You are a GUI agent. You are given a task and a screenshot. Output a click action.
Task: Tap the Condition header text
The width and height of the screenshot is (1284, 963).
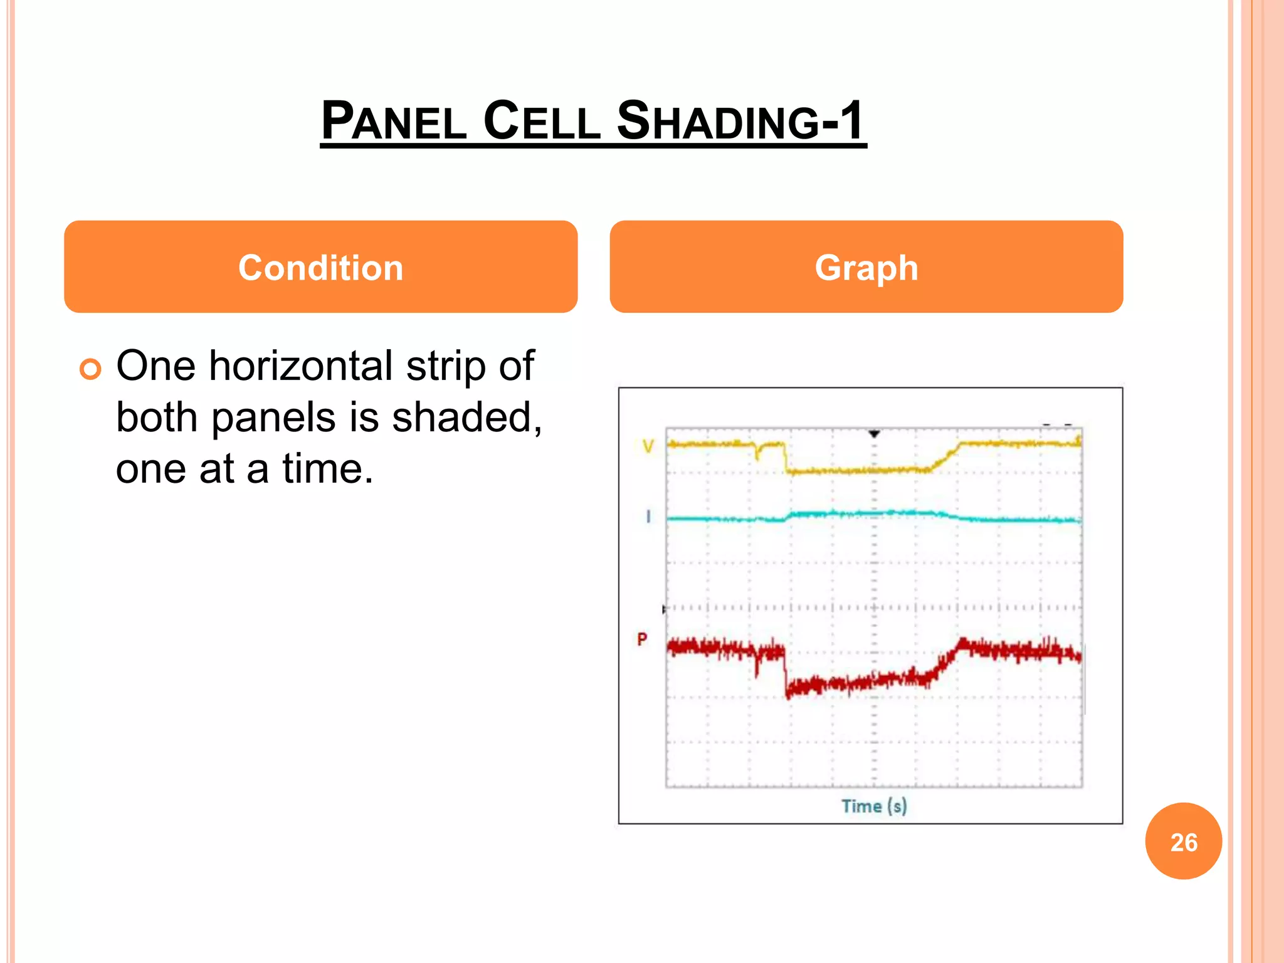320,268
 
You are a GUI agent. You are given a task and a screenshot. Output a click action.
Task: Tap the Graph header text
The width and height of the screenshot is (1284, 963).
866,268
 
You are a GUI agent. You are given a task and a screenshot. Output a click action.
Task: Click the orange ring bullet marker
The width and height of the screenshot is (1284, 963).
90,369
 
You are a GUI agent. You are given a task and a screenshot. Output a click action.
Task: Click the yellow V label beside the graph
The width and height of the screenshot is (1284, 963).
648,446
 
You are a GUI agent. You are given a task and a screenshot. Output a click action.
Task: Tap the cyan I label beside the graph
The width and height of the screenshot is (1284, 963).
648,517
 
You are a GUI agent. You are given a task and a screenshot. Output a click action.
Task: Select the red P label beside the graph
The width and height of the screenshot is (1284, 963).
642,639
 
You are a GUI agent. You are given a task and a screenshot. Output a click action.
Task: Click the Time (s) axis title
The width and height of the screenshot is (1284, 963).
874,806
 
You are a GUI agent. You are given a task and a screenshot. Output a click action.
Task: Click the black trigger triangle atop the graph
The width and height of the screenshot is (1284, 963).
874,434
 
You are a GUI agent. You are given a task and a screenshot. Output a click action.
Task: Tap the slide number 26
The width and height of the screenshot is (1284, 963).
1183,841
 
